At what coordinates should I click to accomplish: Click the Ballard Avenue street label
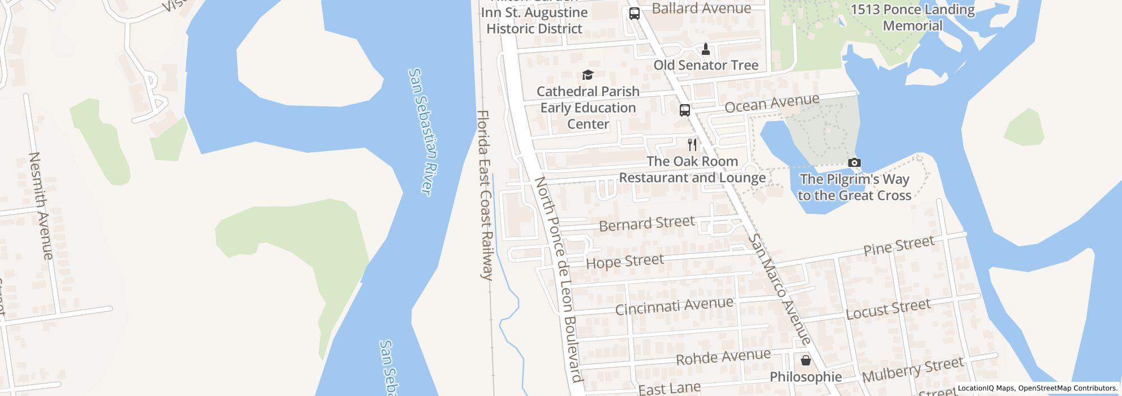[701, 8]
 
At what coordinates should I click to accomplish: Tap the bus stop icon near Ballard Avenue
[635, 14]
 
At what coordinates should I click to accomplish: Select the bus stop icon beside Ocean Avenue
[684, 110]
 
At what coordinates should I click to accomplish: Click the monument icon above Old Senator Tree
[705, 49]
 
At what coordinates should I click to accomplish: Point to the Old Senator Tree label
[705, 66]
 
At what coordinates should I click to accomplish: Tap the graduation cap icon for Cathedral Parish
[588, 75]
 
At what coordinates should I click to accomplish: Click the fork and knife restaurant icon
[692, 145]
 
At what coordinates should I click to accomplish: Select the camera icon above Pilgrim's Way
[855, 163]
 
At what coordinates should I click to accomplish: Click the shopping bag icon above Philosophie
[805, 360]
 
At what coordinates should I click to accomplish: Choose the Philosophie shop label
[805, 377]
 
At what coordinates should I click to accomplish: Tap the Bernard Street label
[646, 223]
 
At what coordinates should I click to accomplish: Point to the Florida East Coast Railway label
[485, 195]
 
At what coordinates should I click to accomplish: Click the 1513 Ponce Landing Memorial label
[913, 18]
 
